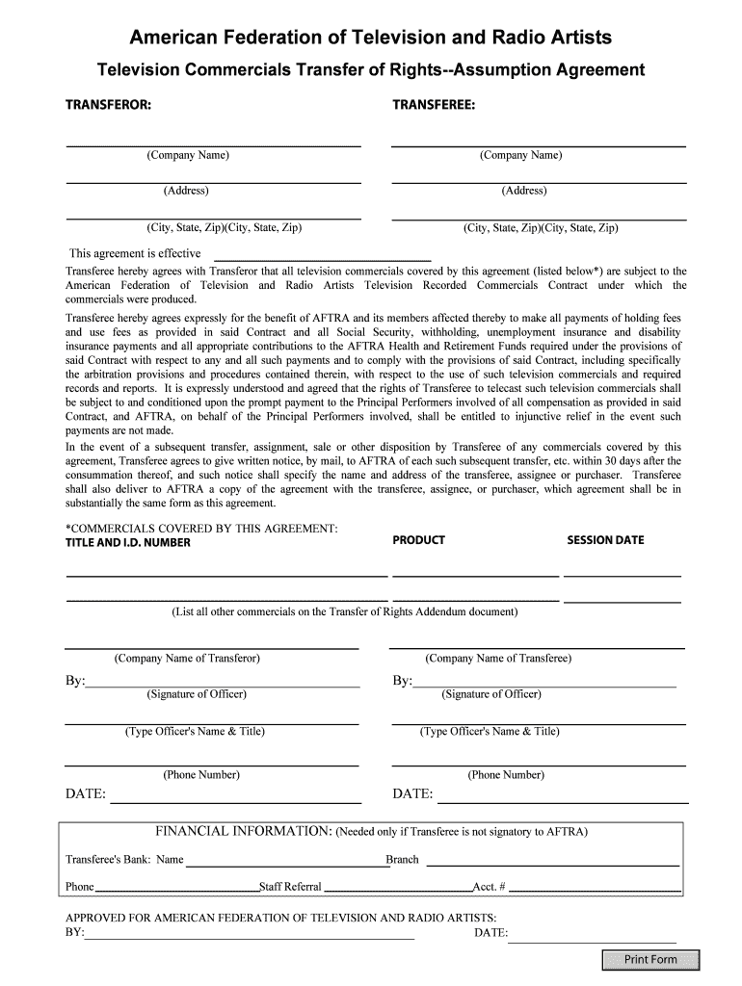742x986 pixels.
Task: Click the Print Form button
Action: click(x=650, y=959)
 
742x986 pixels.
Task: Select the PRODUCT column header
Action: click(x=418, y=540)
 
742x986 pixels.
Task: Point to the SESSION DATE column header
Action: click(x=605, y=540)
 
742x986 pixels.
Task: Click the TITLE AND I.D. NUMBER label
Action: click(x=127, y=542)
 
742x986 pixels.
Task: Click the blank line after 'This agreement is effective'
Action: click(x=321, y=254)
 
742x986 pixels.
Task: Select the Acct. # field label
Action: click(x=489, y=886)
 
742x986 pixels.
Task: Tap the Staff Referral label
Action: click(x=290, y=886)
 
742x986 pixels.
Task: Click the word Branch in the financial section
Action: click(x=402, y=860)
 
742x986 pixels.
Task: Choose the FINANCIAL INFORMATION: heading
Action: click(x=244, y=831)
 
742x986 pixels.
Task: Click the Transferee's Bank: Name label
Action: click(x=124, y=860)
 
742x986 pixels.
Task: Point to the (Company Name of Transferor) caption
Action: click(x=187, y=659)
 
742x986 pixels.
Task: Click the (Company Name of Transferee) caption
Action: click(x=498, y=659)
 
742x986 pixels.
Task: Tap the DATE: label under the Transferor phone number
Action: click(x=86, y=794)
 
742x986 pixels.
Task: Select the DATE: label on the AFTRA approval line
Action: click(x=490, y=933)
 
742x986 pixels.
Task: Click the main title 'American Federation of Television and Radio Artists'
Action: click(x=371, y=38)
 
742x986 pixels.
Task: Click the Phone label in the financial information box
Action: click(x=79, y=886)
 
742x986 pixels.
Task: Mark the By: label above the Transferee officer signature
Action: click(x=402, y=682)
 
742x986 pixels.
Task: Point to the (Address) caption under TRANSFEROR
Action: click(x=186, y=191)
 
